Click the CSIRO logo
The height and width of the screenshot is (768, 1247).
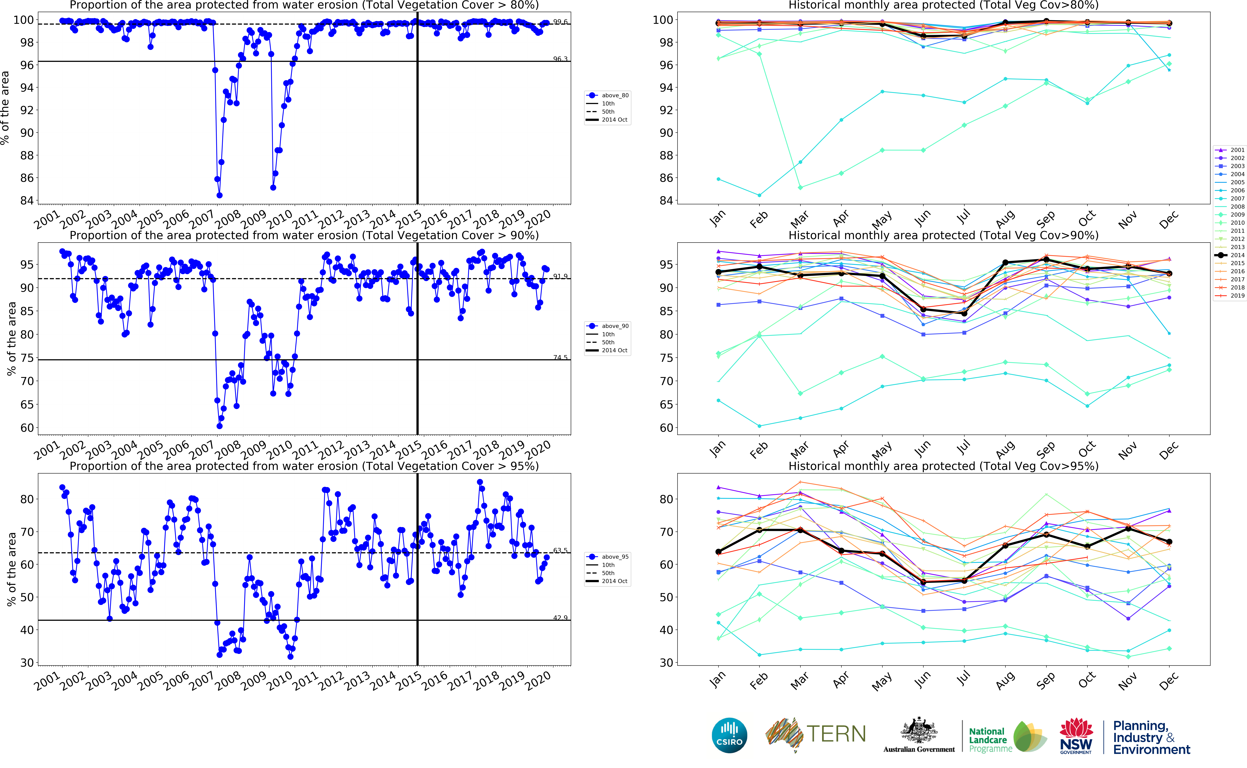point(729,735)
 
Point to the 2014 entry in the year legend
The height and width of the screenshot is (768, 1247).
point(1237,255)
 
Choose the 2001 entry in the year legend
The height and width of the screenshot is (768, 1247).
point(1237,150)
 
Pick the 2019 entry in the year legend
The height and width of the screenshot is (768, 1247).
point(1237,296)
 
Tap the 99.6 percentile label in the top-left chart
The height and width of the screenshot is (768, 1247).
point(560,22)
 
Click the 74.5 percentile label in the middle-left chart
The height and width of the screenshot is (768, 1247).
point(560,358)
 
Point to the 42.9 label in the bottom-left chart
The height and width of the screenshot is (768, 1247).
point(560,618)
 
